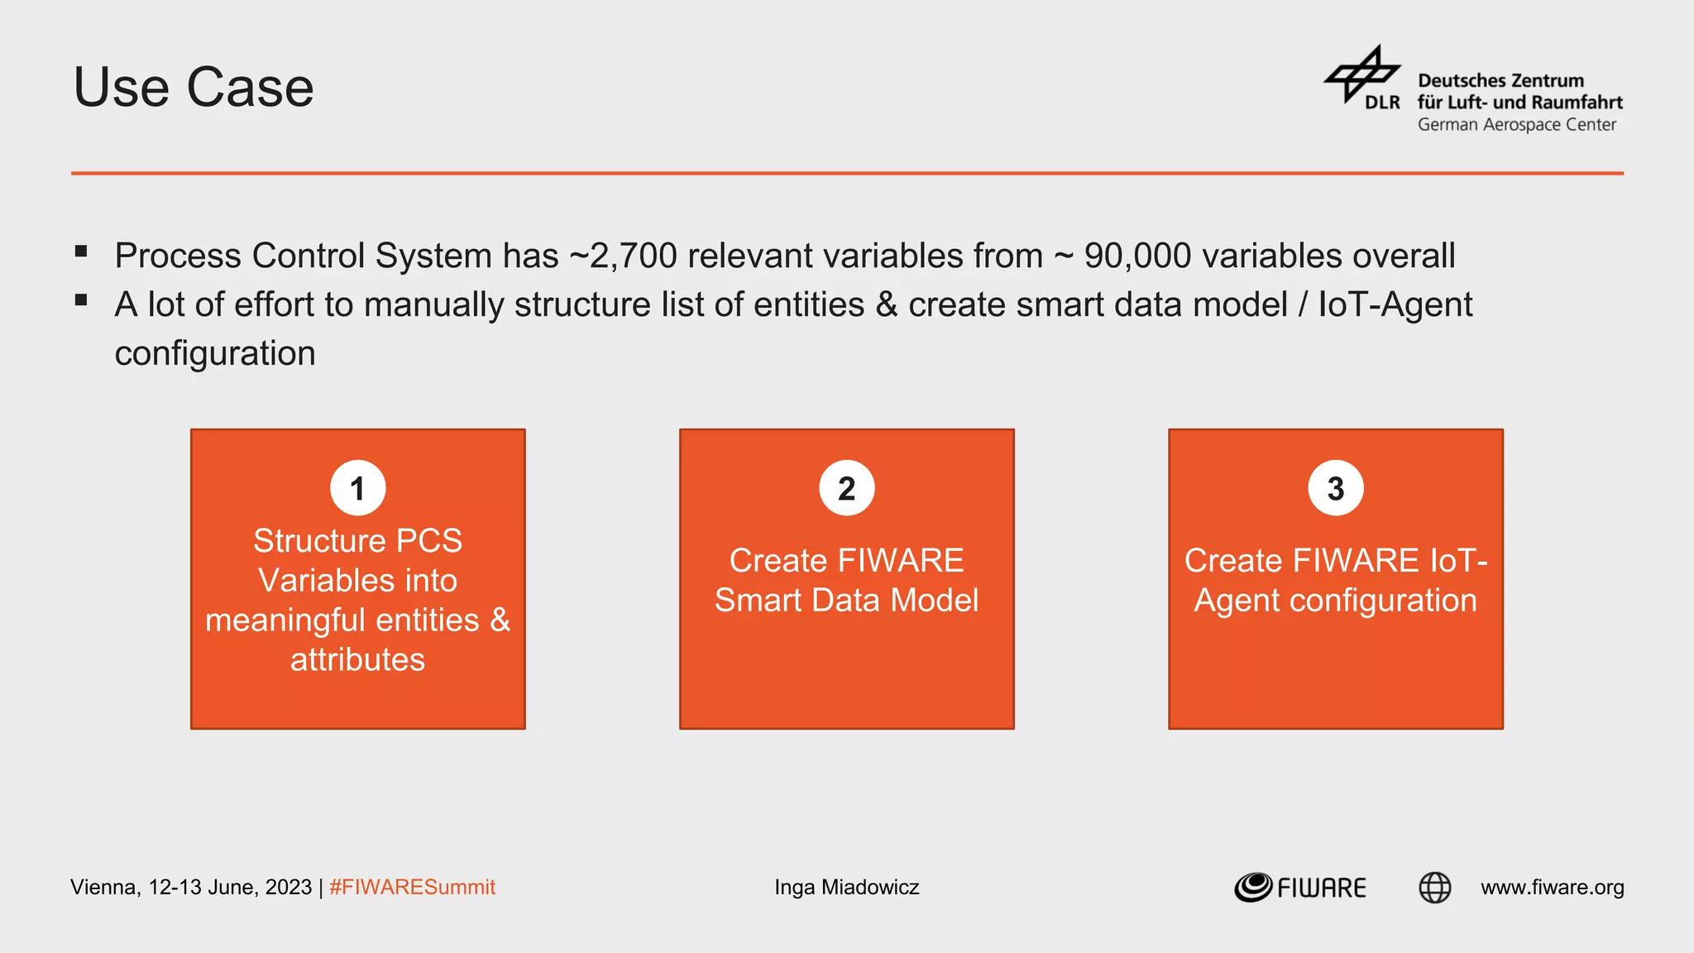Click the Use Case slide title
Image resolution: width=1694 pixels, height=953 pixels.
194,88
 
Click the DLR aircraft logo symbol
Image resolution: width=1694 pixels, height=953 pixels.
1362,75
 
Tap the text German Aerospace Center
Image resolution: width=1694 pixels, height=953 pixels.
1516,125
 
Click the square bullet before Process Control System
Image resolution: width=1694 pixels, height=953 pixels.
81,251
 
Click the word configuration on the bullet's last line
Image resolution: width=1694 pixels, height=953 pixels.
215,353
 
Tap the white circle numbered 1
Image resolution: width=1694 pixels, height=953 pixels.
357,488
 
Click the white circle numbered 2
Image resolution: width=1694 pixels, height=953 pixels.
846,488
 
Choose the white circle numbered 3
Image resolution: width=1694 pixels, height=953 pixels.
1335,488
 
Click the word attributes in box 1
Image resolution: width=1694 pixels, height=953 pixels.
357,660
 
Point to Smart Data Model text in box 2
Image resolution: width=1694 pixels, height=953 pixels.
846,601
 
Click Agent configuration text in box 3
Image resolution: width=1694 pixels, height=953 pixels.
1335,601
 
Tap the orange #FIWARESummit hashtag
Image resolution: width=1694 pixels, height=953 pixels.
412,888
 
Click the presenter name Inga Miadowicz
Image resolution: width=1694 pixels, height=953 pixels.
846,888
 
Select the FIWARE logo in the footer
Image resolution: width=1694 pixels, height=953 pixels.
1299,888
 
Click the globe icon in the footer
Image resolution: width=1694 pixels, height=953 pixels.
1434,888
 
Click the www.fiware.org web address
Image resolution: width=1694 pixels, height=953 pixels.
1552,888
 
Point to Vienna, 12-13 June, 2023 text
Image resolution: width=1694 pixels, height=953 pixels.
190,888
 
